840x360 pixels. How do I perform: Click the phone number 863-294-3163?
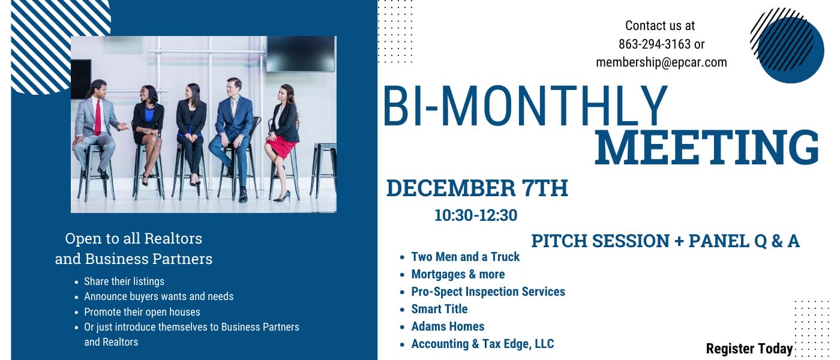(x=655, y=44)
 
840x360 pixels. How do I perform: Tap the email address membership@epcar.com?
(x=661, y=62)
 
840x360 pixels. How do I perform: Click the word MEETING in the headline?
(x=707, y=148)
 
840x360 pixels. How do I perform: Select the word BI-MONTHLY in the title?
(x=526, y=106)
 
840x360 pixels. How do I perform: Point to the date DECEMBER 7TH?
(x=477, y=188)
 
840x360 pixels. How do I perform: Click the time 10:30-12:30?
(x=476, y=215)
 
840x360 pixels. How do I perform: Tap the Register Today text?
(x=749, y=349)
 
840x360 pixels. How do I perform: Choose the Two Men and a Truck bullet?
(x=466, y=257)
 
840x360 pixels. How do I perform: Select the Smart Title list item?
(x=439, y=309)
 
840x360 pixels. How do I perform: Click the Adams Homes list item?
(x=448, y=326)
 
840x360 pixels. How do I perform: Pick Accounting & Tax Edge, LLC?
(x=482, y=344)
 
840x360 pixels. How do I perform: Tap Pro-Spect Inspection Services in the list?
(x=488, y=292)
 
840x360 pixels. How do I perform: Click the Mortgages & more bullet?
(x=458, y=274)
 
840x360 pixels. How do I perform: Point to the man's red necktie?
(x=98, y=116)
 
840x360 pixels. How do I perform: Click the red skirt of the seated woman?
(x=281, y=146)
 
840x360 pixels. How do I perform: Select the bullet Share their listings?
(x=124, y=281)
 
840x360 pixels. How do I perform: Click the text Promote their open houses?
(x=142, y=312)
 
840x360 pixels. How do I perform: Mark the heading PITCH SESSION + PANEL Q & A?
(x=665, y=241)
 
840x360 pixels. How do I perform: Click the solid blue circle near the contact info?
(x=791, y=50)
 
